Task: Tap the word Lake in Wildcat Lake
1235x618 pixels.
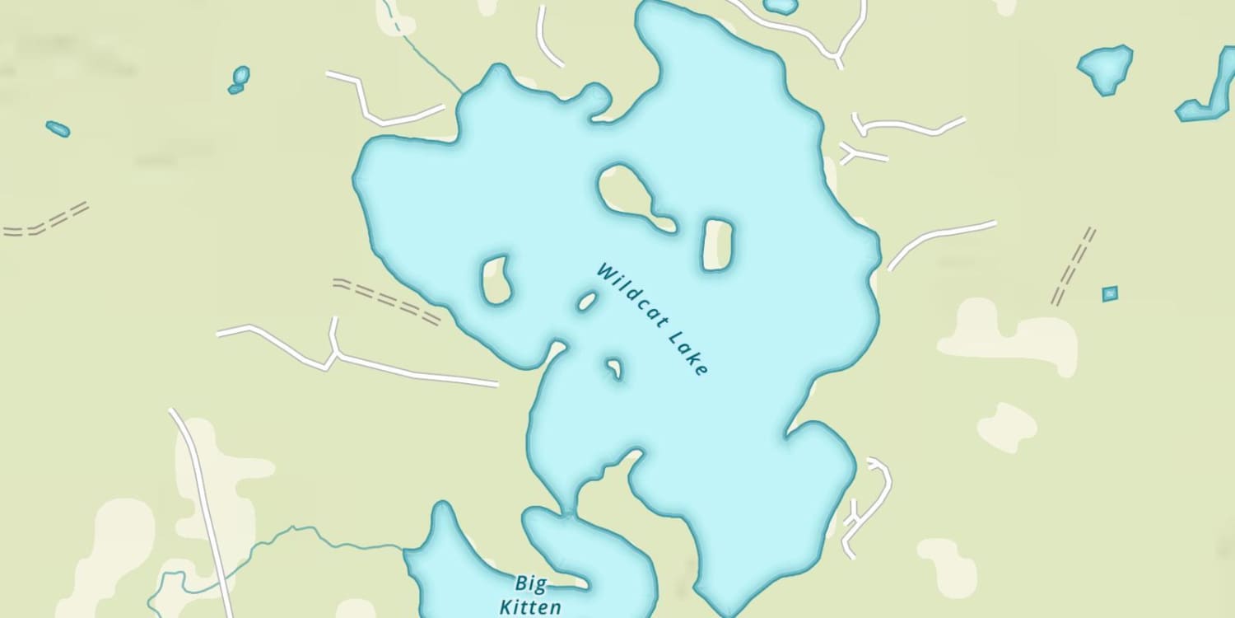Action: [688, 354]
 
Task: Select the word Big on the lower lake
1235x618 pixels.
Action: [530, 584]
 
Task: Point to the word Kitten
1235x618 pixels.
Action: [530, 608]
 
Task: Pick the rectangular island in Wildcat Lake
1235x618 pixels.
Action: [717, 245]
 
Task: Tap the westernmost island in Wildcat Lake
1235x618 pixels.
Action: [496, 279]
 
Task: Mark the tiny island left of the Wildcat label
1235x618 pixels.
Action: [587, 302]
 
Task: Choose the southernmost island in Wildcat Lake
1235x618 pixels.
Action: [614, 368]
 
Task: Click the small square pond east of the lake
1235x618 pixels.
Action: [1110, 293]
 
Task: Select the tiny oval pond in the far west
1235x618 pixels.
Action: [58, 129]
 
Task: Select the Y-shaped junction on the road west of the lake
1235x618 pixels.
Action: [334, 353]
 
